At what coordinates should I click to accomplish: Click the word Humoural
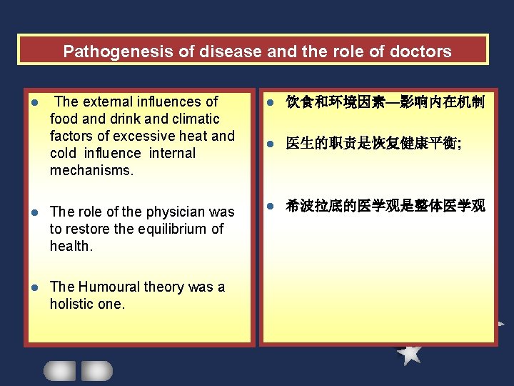click(109, 287)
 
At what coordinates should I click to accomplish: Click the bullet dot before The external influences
click(34, 103)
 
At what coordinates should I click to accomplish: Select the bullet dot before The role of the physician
click(34, 212)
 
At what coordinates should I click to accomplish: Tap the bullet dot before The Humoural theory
click(34, 287)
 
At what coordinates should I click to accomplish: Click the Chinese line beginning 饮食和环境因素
click(385, 103)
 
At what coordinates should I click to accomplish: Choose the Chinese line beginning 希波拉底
click(385, 206)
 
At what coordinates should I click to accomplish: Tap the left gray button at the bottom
click(59, 370)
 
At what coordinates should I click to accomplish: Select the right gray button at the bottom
click(96, 370)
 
